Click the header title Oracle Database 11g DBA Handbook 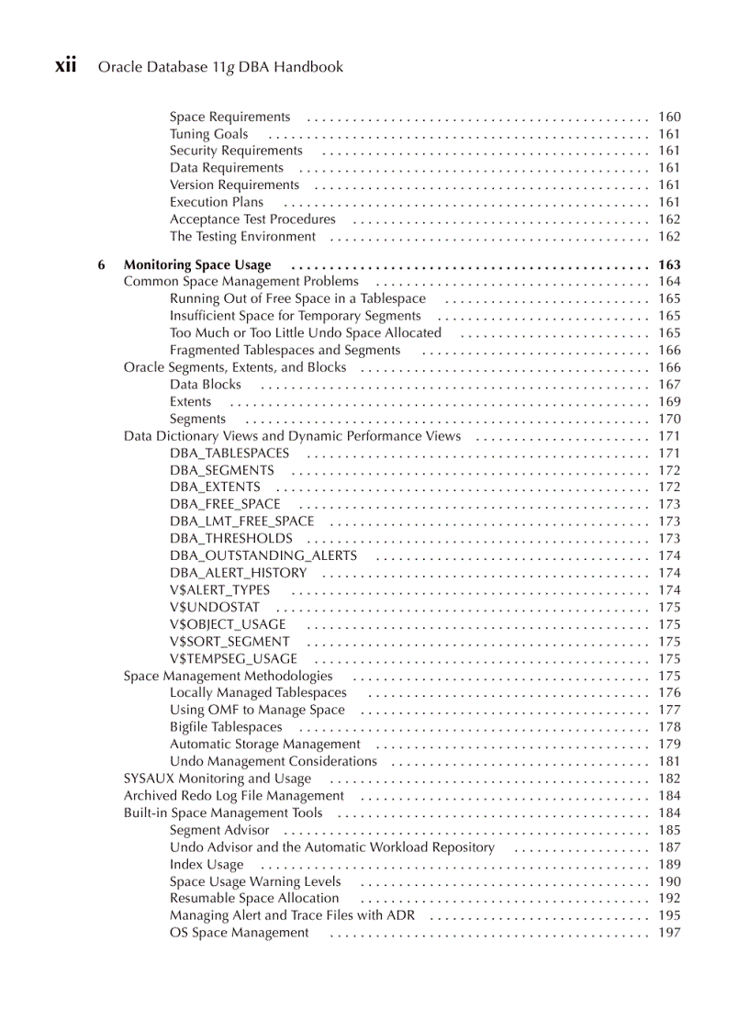coord(220,67)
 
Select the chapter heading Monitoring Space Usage coord(197,265)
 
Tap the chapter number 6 coord(102,265)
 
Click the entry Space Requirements coord(229,117)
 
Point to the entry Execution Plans coord(216,202)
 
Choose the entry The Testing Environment coord(242,237)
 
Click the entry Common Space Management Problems coord(241,282)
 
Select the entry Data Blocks coord(206,385)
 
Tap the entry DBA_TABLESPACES coord(229,454)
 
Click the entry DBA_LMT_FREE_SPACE coord(241,521)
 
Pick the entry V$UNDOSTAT coord(215,608)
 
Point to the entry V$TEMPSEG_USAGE coord(233,659)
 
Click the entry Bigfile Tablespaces coord(226,727)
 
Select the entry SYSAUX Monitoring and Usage coord(218,779)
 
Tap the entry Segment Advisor coord(219,830)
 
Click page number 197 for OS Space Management coord(669,933)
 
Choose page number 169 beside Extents coord(669,402)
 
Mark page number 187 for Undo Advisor coord(669,847)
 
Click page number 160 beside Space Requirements coord(669,117)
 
